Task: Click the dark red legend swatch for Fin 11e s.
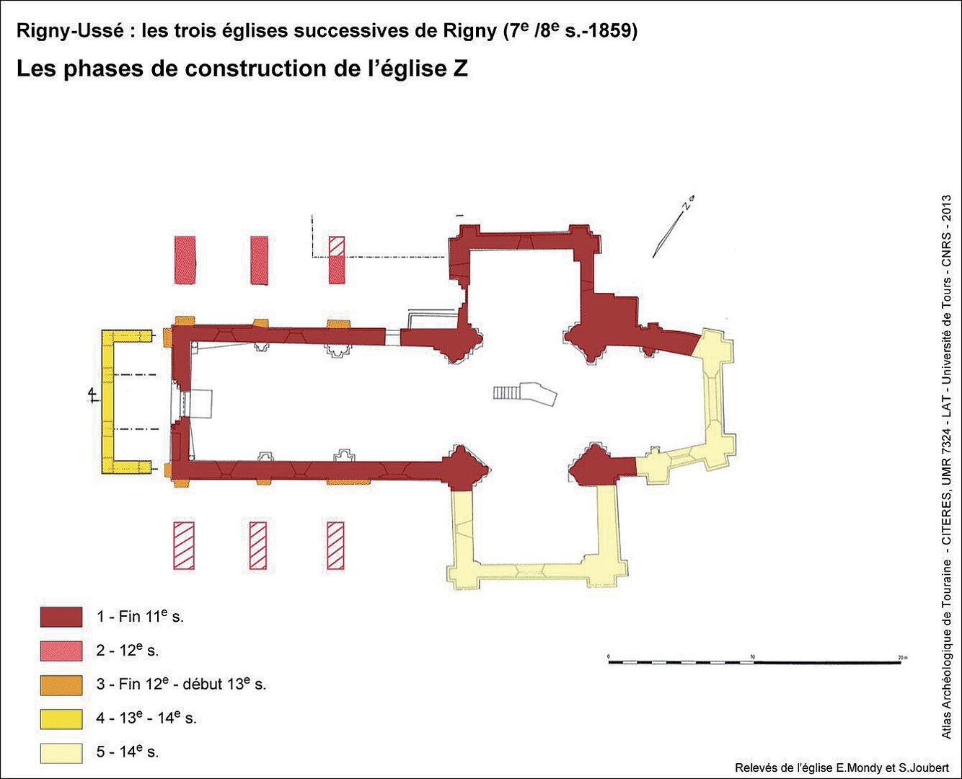61,617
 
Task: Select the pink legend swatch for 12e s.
61,651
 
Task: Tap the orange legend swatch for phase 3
61,685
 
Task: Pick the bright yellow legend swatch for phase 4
61,719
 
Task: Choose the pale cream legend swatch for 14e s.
61,753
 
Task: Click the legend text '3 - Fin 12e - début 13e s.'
181,685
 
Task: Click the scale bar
755,662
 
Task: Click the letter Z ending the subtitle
459,69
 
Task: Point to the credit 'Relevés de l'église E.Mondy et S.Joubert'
842,767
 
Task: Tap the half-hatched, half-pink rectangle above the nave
337,260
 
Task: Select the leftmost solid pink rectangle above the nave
185,260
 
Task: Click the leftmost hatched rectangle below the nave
184,545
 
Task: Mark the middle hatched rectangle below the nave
258,545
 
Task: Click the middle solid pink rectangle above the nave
259,260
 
